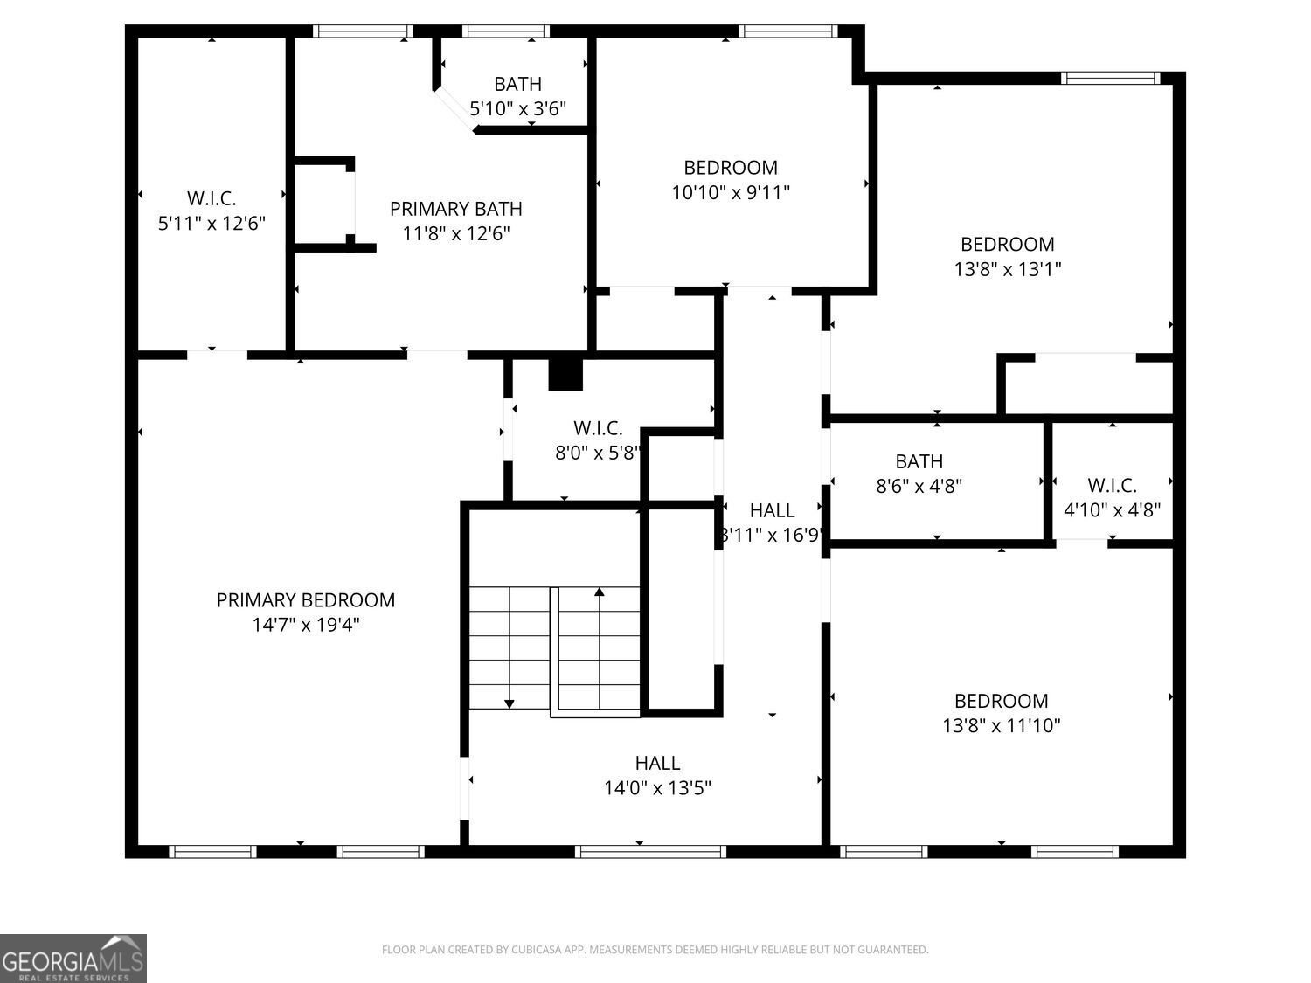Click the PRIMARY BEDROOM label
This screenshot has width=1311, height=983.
coord(305,600)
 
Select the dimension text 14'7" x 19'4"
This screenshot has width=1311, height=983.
coord(305,625)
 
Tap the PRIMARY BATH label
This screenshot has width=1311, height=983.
coord(455,209)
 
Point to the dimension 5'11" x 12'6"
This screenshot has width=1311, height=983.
coord(212,224)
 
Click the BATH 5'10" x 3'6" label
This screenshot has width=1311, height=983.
coord(517,85)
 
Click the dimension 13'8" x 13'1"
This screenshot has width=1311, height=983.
coord(1007,269)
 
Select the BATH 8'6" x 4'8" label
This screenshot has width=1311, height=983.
coord(919,461)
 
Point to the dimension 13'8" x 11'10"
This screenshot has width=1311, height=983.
coord(1001,725)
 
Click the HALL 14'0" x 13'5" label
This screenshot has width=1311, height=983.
coord(657,764)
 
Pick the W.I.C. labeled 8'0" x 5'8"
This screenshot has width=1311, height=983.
coord(598,429)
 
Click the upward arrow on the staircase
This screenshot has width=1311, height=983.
coord(599,593)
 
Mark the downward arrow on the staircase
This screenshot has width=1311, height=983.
coord(510,703)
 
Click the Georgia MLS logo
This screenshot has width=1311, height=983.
coord(73,959)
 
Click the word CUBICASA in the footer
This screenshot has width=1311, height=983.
coord(534,950)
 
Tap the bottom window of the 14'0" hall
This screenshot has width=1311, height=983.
coord(650,851)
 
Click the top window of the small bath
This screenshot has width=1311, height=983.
coord(505,31)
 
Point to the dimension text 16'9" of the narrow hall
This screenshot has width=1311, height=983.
coord(798,535)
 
